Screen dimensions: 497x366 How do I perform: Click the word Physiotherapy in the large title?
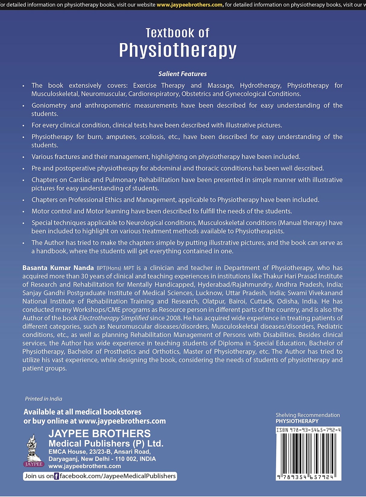tap(178, 50)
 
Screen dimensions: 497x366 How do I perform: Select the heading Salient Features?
tap(182, 74)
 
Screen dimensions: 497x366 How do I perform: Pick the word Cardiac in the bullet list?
tap(80, 180)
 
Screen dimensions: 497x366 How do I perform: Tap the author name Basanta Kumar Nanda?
tap(58, 268)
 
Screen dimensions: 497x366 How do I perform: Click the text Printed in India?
tap(43, 399)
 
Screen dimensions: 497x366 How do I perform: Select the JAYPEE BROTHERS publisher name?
tap(99, 434)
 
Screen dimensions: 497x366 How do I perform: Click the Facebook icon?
tap(56, 476)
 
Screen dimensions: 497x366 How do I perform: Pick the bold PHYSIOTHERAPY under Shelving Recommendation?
tap(297, 421)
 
